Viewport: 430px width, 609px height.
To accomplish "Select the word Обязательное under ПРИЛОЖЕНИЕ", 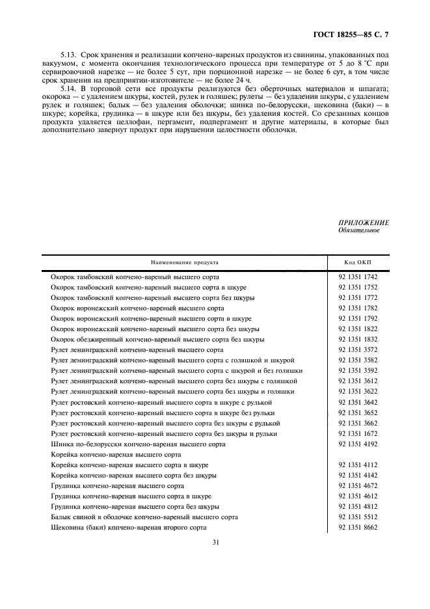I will [x=358, y=230].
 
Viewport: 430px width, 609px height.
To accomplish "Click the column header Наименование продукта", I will [x=184, y=262].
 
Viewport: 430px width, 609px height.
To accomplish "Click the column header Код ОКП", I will [x=358, y=262].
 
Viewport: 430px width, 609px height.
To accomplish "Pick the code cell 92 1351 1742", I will [x=358, y=277].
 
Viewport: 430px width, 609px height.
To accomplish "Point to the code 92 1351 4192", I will [x=358, y=444].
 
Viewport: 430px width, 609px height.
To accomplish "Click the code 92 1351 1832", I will [x=358, y=340].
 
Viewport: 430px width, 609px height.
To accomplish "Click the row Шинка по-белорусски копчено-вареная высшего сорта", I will [x=138, y=444].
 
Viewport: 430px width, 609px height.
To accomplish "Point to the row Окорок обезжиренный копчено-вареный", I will [x=157, y=340].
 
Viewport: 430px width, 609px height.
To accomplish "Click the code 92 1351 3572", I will [x=358, y=350].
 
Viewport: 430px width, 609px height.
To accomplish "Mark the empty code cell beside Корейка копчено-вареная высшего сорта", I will [x=358, y=454].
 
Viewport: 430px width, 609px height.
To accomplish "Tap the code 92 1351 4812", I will [x=358, y=506].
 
